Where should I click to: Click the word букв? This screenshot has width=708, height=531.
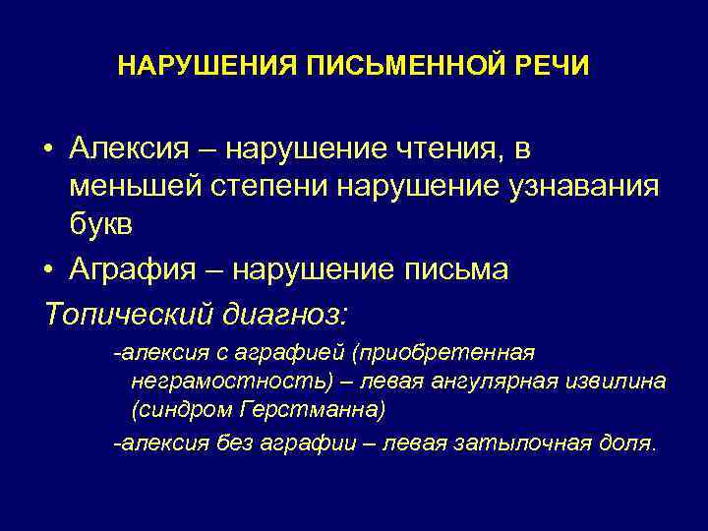[x=102, y=223]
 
